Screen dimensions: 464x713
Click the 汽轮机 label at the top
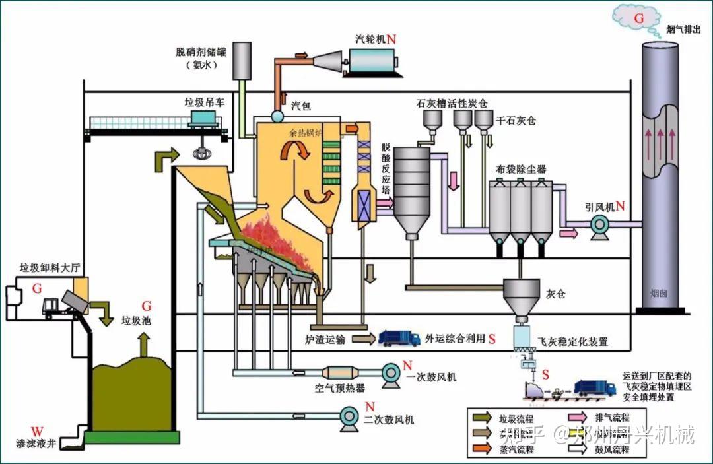click(370, 39)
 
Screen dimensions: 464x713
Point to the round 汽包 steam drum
click(277, 116)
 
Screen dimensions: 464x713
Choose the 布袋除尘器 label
click(521, 169)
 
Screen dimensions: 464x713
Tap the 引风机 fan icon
click(600, 226)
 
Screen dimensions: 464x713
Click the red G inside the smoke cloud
click(638, 18)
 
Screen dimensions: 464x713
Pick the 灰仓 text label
click(556, 292)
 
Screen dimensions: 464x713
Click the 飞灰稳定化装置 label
click(573, 342)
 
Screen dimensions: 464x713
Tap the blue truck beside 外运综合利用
click(399, 338)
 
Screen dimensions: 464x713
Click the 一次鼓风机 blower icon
click(391, 373)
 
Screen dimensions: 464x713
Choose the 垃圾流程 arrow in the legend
click(483, 418)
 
